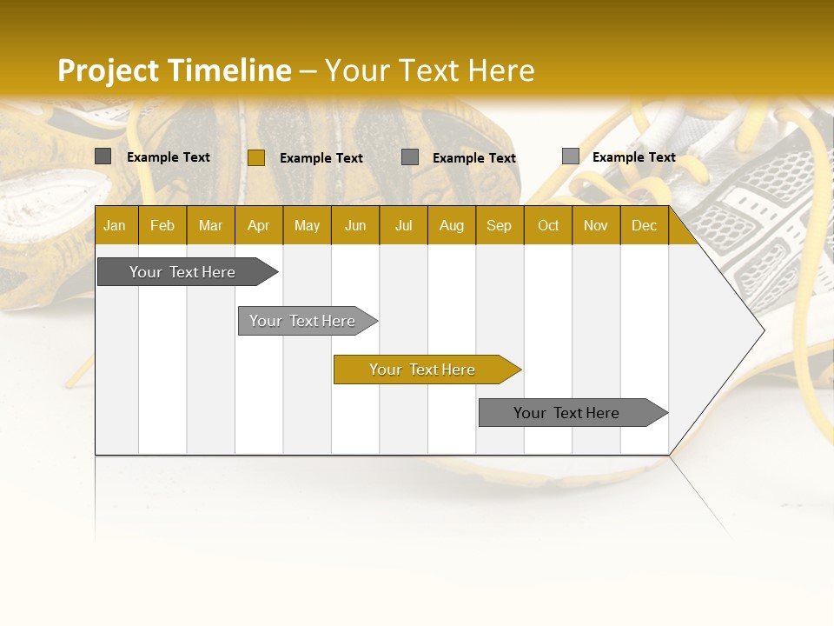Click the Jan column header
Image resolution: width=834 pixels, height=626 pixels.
point(115,225)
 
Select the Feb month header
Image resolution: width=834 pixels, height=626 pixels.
point(162,225)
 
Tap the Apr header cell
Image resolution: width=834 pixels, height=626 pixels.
point(259,225)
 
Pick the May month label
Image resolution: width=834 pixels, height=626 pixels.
point(307,225)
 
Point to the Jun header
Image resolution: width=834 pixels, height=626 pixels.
point(355,225)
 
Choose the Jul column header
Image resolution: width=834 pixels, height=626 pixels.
point(403,225)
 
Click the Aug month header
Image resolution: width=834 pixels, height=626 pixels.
point(452,225)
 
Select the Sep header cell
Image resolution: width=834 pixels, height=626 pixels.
point(500,225)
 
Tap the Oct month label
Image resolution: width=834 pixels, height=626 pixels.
point(548,225)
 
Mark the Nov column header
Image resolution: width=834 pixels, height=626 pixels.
point(596,225)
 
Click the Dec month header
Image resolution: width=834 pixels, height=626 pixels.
point(645,225)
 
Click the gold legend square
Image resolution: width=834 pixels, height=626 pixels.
point(256,157)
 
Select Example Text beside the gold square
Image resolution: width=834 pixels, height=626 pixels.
point(321,158)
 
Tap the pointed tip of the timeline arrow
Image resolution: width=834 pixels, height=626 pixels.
point(762,330)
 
